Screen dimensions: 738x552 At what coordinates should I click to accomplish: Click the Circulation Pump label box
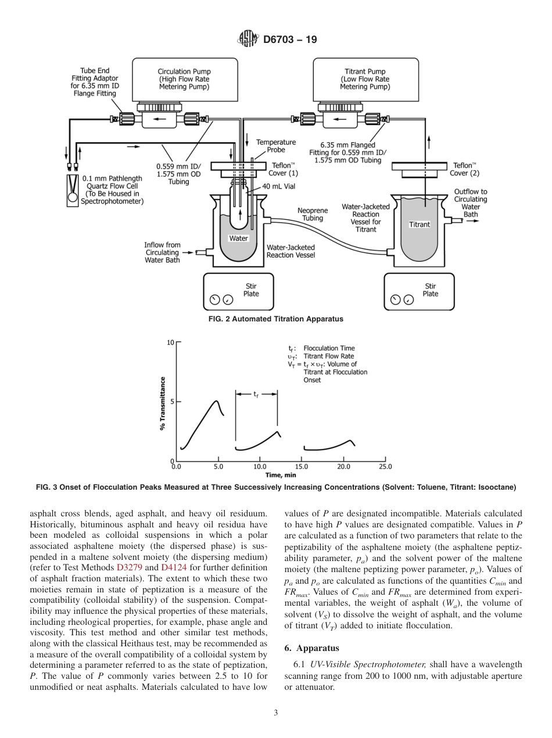point(184,79)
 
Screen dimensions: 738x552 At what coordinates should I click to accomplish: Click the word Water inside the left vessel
point(239,238)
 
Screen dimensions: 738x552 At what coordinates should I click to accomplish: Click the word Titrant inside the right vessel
point(420,225)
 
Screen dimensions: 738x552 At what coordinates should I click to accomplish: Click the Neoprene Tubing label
point(312,214)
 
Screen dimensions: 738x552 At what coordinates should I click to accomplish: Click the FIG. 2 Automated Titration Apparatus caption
point(275,319)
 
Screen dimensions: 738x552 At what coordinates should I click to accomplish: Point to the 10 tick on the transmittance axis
point(170,342)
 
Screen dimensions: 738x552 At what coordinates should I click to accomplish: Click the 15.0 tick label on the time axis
point(302,466)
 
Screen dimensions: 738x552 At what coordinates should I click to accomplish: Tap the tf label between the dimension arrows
point(256,393)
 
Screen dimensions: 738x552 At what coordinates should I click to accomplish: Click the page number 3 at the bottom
point(275,712)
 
